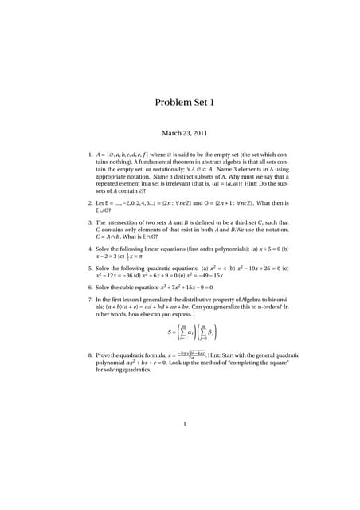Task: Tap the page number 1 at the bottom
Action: [184, 424]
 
